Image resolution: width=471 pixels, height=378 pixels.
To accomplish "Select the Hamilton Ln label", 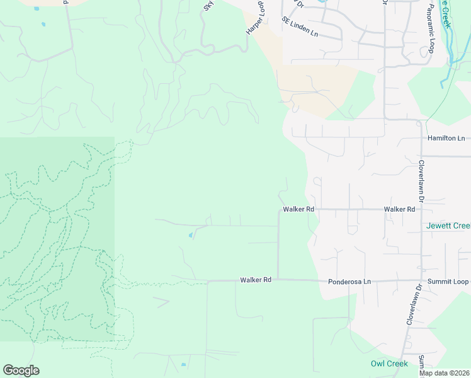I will tap(446, 138).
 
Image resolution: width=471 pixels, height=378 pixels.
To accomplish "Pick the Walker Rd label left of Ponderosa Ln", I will tap(255, 280).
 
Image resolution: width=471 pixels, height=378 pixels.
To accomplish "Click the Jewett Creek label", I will tap(448, 226).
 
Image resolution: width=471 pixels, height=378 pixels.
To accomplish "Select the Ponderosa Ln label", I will tap(349, 281).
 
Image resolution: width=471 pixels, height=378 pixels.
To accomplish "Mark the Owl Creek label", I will tap(389, 364).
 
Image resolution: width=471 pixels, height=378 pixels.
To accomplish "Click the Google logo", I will tap(21, 370).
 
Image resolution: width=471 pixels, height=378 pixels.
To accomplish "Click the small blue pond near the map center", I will tap(191, 236).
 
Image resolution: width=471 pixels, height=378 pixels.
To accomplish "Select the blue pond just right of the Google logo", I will tap(183, 365).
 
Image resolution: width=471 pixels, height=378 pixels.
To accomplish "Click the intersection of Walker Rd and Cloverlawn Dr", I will tap(421, 209).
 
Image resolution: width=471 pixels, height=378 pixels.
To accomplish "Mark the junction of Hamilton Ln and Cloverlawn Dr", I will tap(421, 138).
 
